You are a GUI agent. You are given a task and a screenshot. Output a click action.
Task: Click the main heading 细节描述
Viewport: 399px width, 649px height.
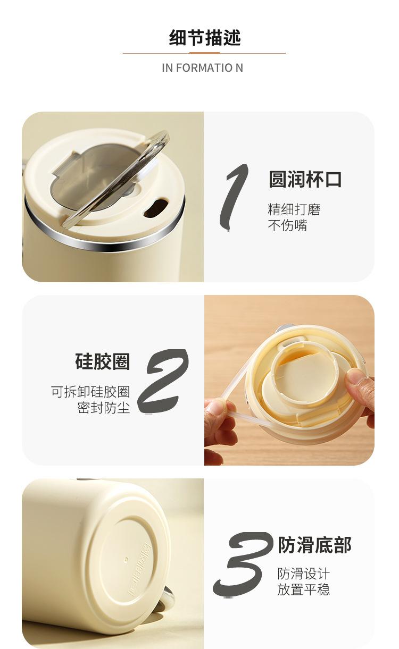click(205, 38)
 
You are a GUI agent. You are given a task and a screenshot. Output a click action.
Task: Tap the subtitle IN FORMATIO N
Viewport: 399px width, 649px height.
click(202, 68)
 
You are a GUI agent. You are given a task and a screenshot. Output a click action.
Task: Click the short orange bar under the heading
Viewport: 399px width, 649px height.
click(204, 53)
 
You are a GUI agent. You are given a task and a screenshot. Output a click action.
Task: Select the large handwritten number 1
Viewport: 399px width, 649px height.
click(234, 198)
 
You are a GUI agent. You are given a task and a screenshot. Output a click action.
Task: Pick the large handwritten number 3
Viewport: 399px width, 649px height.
click(243, 564)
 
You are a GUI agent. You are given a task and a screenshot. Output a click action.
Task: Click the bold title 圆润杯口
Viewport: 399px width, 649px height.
click(305, 179)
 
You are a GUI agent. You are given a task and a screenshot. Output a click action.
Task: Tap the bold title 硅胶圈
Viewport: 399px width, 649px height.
click(102, 361)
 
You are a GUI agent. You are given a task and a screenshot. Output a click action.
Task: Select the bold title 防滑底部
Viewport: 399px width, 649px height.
click(314, 545)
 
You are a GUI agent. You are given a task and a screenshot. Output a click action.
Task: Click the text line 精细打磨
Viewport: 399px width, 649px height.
click(294, 209)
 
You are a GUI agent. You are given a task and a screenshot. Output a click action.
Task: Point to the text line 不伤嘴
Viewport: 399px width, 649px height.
click(287, 225)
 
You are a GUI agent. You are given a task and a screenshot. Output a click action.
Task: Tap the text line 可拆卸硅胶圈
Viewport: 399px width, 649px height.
click(90, 391)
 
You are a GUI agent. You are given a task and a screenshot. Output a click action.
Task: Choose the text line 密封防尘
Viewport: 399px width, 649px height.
click(104, 408)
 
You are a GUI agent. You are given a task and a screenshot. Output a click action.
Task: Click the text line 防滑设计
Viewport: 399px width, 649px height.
click(304, 574)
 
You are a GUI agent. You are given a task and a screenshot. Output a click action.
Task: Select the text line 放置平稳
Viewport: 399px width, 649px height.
click(304, 589)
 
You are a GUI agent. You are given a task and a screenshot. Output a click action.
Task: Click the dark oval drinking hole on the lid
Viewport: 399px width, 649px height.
click(156, 207)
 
